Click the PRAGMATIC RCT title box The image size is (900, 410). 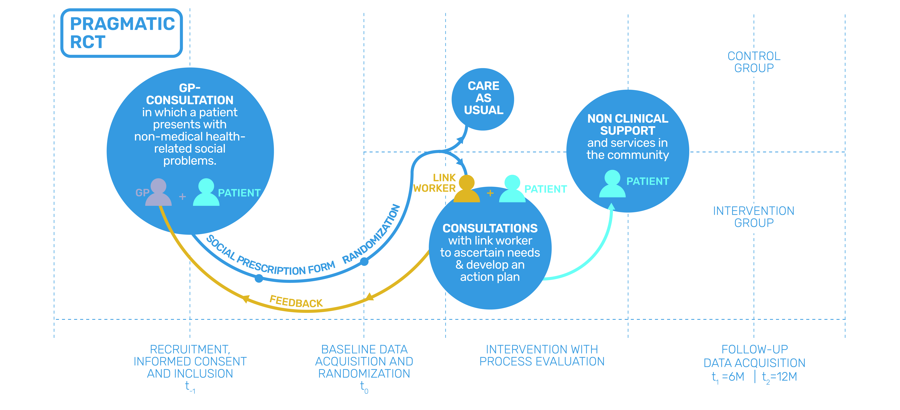click(x=122, y=33)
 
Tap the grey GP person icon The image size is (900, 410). click(x=158, y=192)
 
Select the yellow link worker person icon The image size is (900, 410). click(x=467, y=189)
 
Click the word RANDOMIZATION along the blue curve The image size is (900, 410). click(x=371, y=234)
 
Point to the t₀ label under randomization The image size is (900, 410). click(x=364, y=387)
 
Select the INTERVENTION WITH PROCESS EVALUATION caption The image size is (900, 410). click(x=542, y=355)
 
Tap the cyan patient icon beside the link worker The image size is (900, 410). click(x=512, y=189)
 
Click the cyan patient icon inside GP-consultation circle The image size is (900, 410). click(x=206, y=192)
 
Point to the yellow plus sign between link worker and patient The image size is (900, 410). click(x=490, y=193)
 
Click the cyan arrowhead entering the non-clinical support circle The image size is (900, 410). click(x=611, y=207)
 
